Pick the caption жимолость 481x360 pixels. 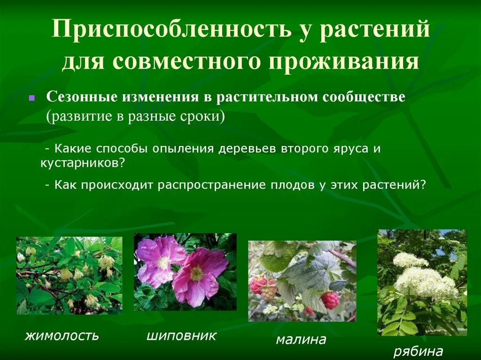[x=62, y=336]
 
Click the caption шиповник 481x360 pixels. [x=181, y=336]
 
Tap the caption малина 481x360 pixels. [x=301, y=339]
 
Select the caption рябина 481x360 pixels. [x=418, y=351]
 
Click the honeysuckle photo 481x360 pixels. [x=69, y=276]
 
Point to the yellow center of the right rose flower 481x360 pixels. [x=197, y=274]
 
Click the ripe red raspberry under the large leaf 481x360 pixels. [x=330, y=300]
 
